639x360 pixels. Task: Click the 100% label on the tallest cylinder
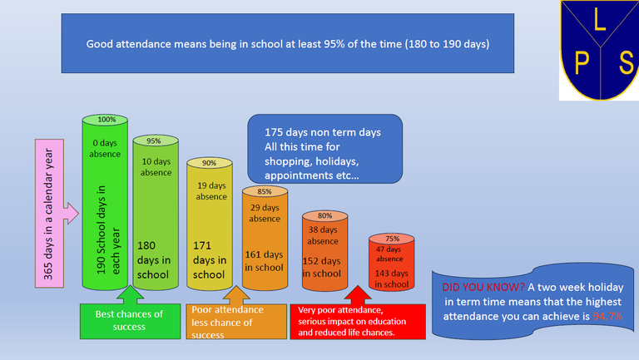(105, 120)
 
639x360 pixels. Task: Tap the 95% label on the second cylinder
(156, 141)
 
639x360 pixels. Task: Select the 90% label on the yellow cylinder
(209, 163)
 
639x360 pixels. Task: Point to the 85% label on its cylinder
(264, 191)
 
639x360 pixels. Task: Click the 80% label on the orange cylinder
(324, 215)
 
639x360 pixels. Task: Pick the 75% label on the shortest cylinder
(392, 239)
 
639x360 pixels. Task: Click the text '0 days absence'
(105, 148)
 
